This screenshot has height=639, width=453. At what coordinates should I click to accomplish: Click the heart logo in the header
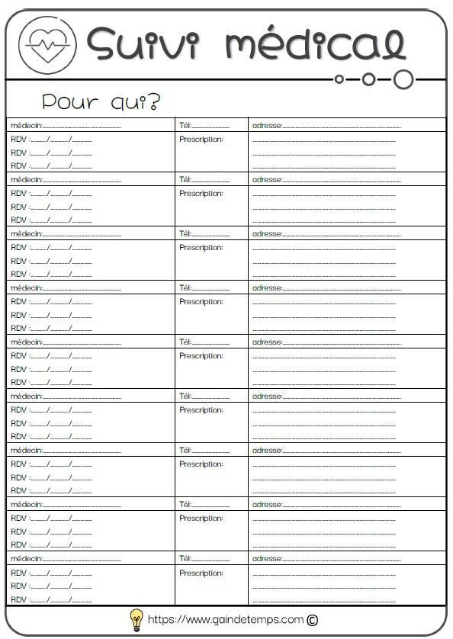coord(47,43)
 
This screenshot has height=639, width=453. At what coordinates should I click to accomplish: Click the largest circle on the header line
coord(404,79)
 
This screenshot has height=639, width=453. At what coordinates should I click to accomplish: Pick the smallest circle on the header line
coord(339,79)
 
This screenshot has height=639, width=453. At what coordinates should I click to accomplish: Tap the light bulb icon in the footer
coord(136,618)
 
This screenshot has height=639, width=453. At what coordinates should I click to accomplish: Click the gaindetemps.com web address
coord(225,619)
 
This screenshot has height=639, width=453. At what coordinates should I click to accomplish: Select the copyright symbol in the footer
coord(312,620)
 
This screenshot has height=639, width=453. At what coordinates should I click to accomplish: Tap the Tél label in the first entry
coord(185,126)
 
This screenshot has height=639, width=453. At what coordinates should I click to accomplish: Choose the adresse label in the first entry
coord(267,126)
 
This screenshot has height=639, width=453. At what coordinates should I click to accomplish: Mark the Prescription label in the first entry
coord(201,140)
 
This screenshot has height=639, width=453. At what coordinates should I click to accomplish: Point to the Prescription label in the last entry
coord(201,573)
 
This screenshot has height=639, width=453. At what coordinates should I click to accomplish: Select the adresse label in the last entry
coord(267,559)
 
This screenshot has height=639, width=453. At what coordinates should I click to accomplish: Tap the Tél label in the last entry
coord(185,559)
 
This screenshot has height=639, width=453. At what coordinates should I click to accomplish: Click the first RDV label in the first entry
coord(18,140)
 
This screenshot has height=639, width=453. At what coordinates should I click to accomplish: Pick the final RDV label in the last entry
coord(18,599)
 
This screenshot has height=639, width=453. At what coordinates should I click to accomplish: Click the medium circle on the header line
coord(369,79)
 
